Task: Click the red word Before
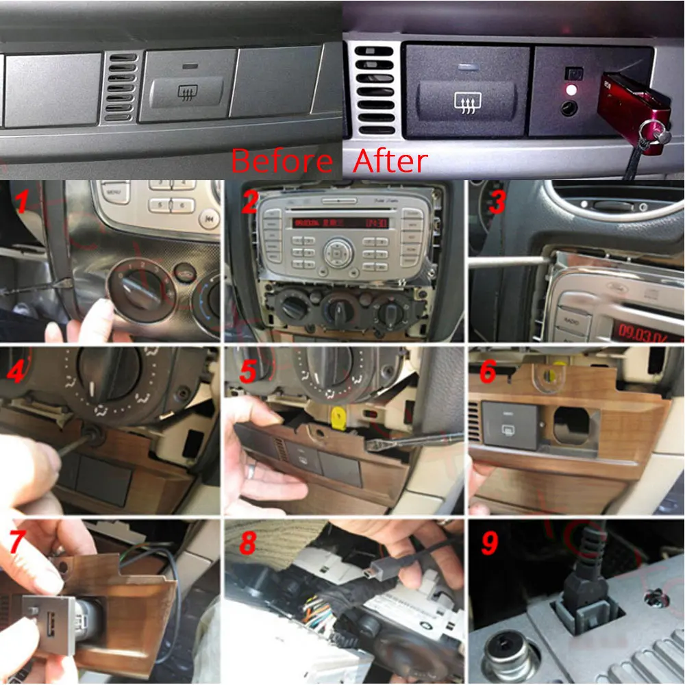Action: click(x=282, y=162)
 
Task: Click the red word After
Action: click(x=391, y=162)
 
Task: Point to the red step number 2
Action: click(x=249, y=203)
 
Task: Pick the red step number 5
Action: click(x=248, y=371)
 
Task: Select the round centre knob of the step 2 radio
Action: click(x=338, y=253)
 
